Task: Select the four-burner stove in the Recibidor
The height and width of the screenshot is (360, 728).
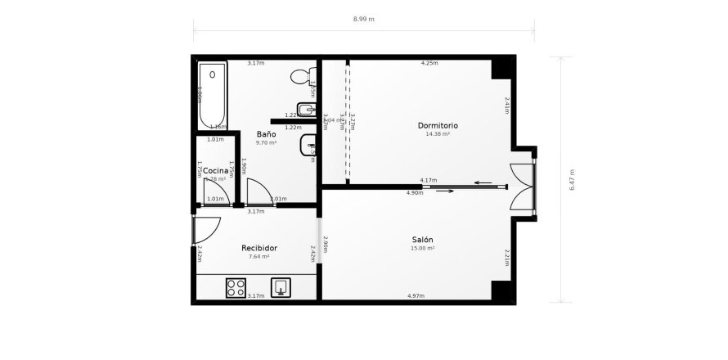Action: (236, 287)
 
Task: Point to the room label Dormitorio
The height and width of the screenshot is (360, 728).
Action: (438, 125)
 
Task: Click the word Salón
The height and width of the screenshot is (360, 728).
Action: (422, 240)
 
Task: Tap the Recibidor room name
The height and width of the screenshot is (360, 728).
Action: (258, 248)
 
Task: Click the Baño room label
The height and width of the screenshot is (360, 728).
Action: (266, 134)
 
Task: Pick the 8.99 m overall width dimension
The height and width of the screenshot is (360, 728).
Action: (364, 18)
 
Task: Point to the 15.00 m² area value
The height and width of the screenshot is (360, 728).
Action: (422, 248)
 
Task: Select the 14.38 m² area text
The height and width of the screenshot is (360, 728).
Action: (438, 133)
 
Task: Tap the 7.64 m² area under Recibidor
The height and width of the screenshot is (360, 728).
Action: (258, 256)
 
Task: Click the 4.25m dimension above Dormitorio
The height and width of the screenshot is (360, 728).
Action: (429, 63)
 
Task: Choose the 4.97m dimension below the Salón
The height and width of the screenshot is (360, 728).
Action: (416, 295)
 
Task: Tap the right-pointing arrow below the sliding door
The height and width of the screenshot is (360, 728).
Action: (445, 191)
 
